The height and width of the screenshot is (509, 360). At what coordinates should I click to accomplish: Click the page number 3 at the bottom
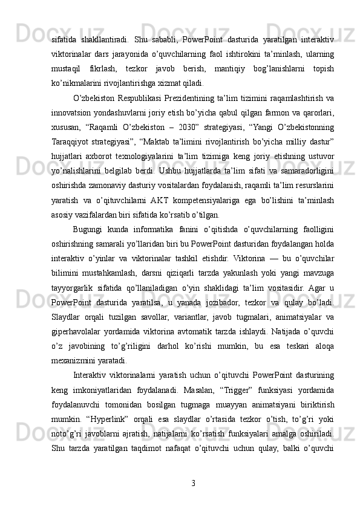click(192, 483)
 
